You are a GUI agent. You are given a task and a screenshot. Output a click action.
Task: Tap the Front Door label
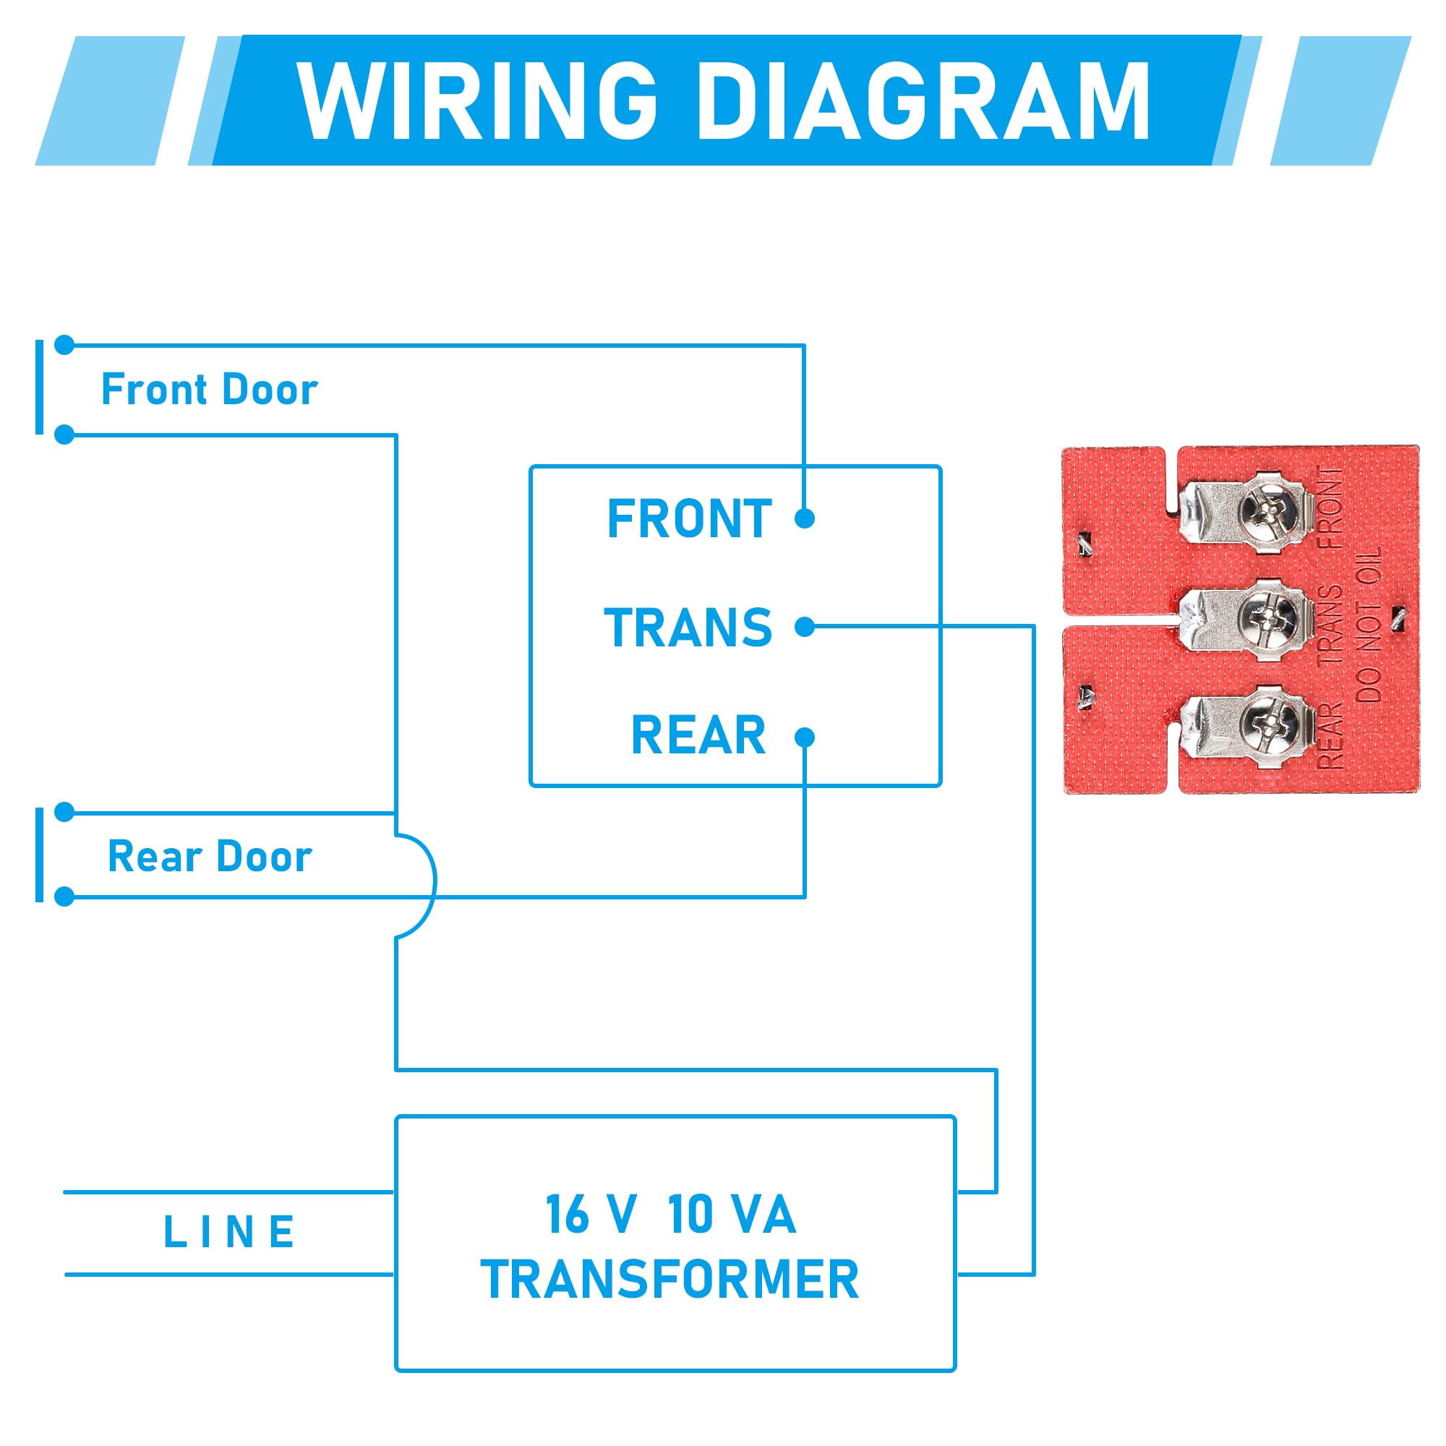[x=209, y=389]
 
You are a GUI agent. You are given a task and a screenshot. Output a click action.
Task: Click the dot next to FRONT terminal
[x=804, y=518]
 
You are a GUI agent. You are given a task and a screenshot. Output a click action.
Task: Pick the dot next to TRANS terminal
[x=804, y=626]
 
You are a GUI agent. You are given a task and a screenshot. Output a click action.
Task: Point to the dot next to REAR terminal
[x=804, y=737]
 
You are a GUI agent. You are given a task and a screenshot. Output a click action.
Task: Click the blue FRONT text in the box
[x=688, y=518]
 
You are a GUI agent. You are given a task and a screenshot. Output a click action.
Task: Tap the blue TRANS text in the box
[x=688, y=627]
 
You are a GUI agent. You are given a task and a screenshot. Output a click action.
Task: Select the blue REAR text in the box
[x=698, y=735]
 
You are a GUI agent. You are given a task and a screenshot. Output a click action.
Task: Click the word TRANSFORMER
[x=670, y=1279]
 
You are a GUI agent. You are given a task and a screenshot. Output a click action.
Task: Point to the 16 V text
[x=591, y=1214]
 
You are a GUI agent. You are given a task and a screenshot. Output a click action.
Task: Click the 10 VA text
[x=731, y=1214]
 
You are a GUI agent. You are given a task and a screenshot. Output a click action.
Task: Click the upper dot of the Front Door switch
[x=65, y=345]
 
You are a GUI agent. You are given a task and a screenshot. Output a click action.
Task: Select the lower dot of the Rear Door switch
[x=65, y=896]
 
